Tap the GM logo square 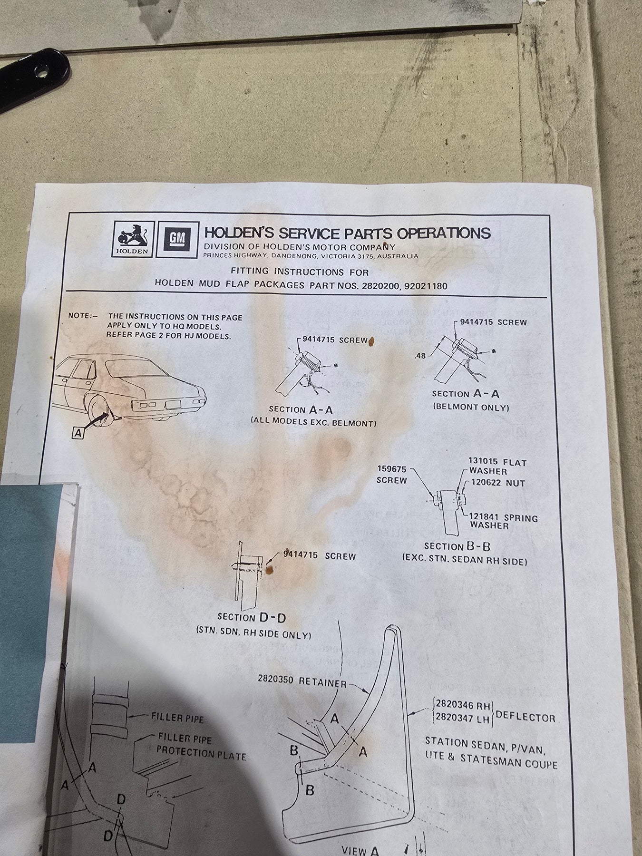point(176,239)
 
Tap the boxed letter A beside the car point(78,432)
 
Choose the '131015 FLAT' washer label point(497,462)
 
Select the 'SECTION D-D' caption point(252,617)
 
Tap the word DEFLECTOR point(525,717)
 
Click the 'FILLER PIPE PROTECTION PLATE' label point(201,747)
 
